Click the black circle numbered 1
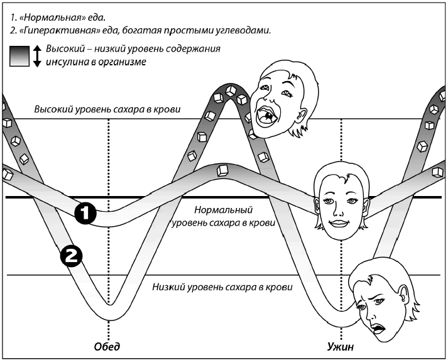click(84, 214)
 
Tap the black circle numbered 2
click(70, 256)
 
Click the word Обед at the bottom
click(106, 346)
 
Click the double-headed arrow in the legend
click(37, 56)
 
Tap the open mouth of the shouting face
click(267, 115)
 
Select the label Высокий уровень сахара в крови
click(107, 110)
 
